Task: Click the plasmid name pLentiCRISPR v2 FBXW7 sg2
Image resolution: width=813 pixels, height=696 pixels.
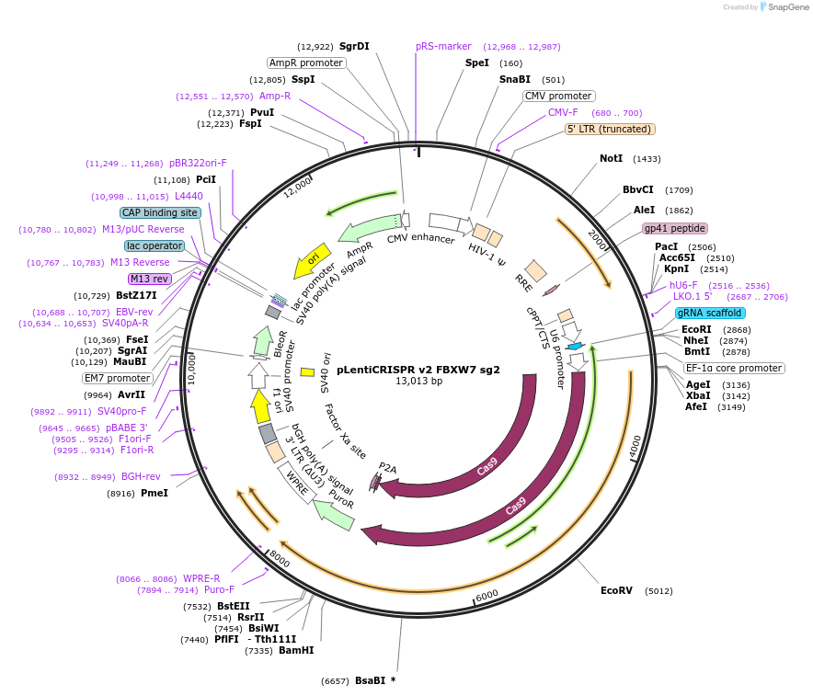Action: tap(418, 370)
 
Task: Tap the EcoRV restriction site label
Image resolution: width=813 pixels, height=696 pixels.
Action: tap(616, 590)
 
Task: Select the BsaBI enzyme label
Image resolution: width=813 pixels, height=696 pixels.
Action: tap(371, 680)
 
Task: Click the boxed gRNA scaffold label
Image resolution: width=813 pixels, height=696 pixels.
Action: tap(710, 313)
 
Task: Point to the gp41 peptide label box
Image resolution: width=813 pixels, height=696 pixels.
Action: tap(674, 228)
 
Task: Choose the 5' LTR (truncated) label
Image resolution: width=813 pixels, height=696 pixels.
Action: tap(610, 129)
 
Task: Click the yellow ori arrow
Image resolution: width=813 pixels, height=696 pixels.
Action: tap(312, 260)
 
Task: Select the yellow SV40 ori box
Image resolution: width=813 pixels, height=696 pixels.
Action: tap(307, 372)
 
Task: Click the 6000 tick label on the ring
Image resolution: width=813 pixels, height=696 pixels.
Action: tap(487, 596)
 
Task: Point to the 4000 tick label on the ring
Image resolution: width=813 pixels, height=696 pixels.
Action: tap(636, 447)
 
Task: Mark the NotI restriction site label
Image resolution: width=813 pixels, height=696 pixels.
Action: tap(612, 158)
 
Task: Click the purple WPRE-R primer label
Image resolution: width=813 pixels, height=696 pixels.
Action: tap(201, 578)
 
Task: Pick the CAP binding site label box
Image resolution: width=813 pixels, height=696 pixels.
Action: tap(160, 212)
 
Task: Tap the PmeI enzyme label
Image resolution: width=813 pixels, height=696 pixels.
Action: tap(155, 493)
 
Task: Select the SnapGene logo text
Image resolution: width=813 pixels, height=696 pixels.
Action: tap(788, 6)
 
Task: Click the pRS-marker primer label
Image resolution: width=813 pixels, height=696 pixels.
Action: tap(443, 46)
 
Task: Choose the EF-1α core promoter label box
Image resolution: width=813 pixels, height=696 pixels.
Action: tap(734, 368)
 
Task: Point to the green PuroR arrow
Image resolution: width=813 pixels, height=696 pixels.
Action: tap(335, 516)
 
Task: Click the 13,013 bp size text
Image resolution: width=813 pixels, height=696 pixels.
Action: tap(419, 381)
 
